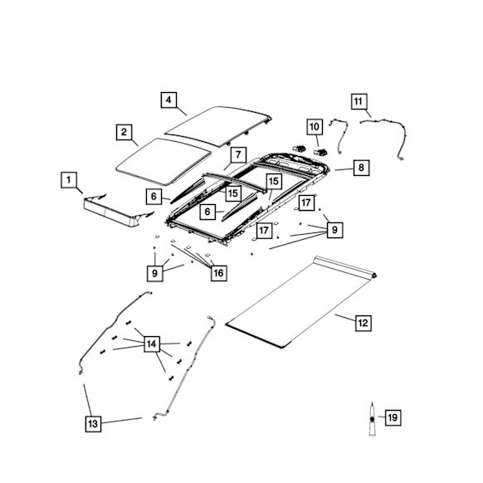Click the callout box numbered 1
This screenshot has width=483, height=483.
point(69,179)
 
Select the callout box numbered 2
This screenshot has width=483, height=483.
point(124,132)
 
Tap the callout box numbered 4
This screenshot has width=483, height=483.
point(168,100)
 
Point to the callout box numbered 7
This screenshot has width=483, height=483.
point(238,154)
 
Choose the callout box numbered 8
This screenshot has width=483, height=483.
point(361,168)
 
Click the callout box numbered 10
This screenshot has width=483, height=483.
point(315,127)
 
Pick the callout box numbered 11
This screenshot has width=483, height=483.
point(359,101)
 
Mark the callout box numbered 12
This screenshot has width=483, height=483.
point(363,323)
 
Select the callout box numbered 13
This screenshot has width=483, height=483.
point(93,424)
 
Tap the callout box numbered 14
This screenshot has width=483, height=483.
point(152,344)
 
